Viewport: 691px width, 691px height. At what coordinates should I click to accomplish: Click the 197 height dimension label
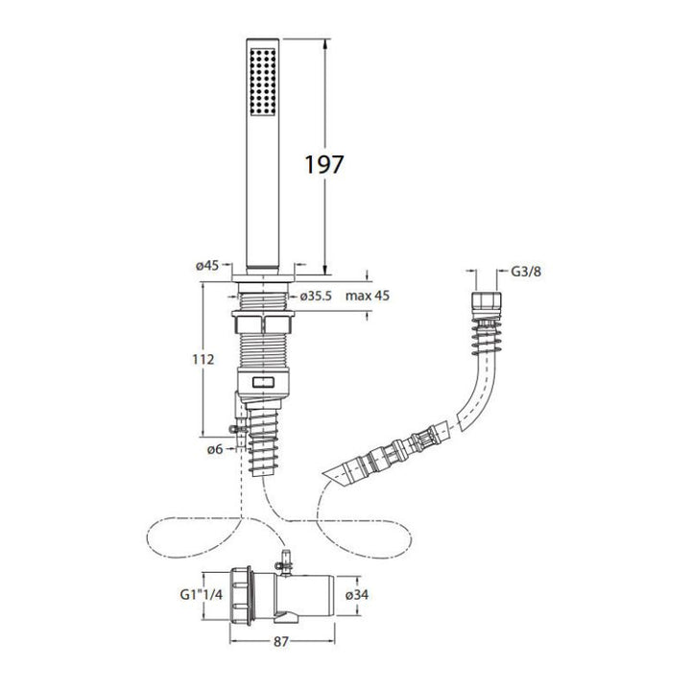click(x=324, y=164)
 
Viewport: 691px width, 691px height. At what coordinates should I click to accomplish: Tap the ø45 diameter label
click(x=207, y=265)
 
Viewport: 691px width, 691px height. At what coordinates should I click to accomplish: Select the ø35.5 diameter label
click(x=316, y=296)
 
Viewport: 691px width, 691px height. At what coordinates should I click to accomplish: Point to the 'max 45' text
click(x=368, y=296)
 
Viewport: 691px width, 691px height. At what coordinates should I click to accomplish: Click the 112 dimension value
click(x=203, y=360)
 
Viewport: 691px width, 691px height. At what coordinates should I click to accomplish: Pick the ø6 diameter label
click(x=215, y=449)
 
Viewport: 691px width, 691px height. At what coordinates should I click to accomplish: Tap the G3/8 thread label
click(x=526, y=272)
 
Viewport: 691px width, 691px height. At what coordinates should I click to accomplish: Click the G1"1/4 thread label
click(x=202, y=594)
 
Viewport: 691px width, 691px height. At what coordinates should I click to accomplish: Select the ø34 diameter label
click(x=357, y=594)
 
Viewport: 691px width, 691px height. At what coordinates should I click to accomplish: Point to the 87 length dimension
click(x=280, y=642)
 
